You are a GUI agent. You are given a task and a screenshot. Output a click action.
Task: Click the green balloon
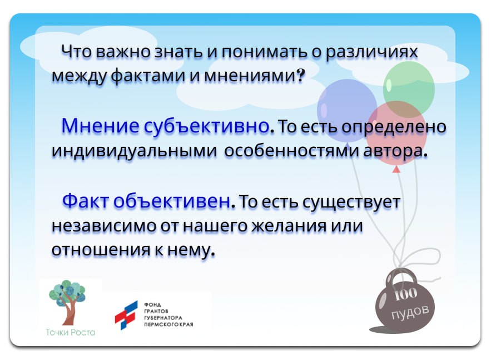point(409,87)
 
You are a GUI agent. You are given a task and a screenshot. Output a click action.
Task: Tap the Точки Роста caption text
point(71,332)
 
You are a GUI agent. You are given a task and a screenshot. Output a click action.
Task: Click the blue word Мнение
point(100,126)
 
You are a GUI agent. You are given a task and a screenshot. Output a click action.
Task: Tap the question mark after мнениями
point(301,75)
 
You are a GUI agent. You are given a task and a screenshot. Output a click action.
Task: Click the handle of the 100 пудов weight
point(405,274)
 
